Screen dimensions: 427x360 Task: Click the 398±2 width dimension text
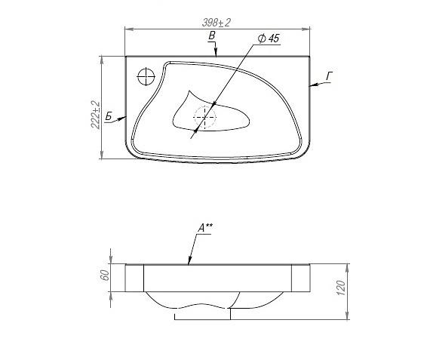click(x=217, y=23)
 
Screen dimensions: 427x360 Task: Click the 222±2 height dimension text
click(x=95, y=115)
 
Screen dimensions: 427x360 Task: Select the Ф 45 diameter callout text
click(x=269, y=38)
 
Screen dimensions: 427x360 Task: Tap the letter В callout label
click(x=211, y=35)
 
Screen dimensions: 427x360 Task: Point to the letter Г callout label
click(x=330, y=76)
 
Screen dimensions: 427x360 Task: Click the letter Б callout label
click(x=109, y=116)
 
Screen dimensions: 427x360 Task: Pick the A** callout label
click(x=205, y=228)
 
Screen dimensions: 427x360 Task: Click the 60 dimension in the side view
click(x=105, y=275)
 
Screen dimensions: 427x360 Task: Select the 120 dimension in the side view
click(x=341, y=288)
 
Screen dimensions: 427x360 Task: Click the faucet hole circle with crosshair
click(x=146, y=76)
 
